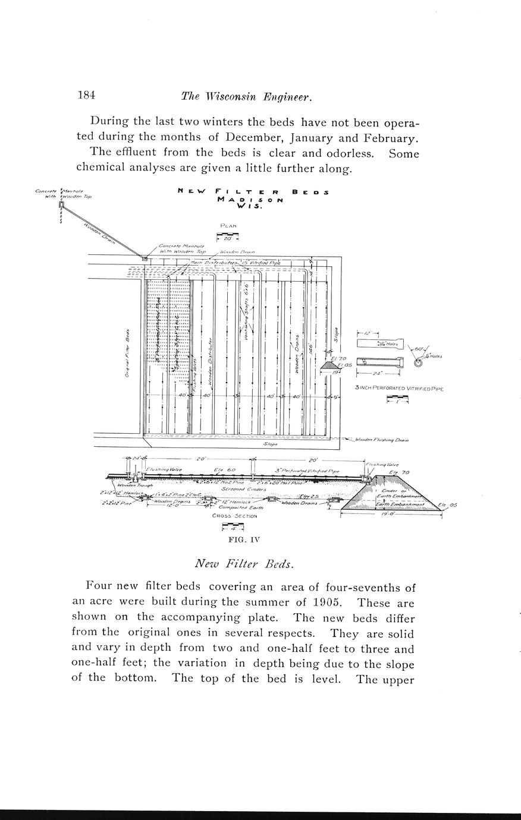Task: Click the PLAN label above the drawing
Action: coord(228,226)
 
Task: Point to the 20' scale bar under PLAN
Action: coord(228,237)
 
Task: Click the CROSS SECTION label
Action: coord(235,516)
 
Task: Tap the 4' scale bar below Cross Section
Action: coord(233,526)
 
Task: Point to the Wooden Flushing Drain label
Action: coord(381,440)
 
